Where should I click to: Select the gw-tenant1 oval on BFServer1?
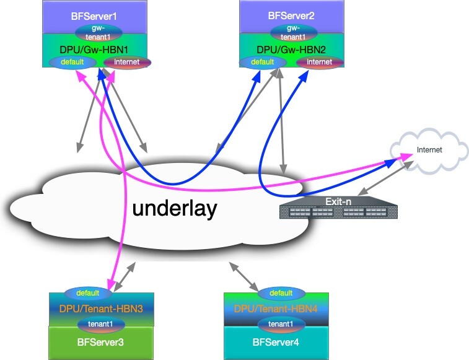97,32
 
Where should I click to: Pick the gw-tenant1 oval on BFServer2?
291,32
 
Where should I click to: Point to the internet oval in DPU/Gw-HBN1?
127,62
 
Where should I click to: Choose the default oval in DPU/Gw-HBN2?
262,62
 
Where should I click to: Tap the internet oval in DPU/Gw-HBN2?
319,62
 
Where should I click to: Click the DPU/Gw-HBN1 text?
97,48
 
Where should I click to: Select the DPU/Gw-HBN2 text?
291,48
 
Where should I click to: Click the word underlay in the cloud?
175,209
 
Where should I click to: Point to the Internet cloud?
429,150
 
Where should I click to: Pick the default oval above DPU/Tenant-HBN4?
281,292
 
